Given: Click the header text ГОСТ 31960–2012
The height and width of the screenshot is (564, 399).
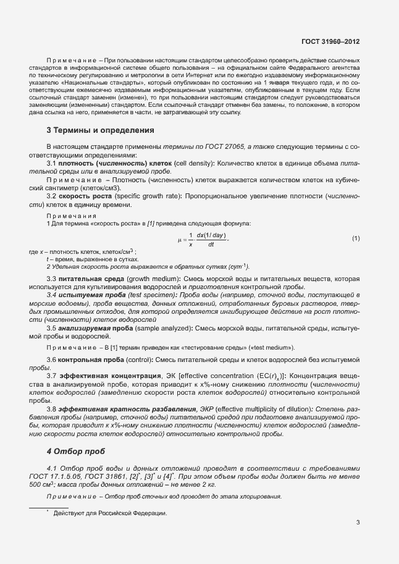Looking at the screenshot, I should point(330,41).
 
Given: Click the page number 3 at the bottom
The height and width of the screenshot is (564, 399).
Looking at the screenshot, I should point(358,523).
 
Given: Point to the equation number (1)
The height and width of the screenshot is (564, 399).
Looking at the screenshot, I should point(356,238).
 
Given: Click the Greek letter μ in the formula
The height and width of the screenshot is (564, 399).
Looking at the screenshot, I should point(179,238).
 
